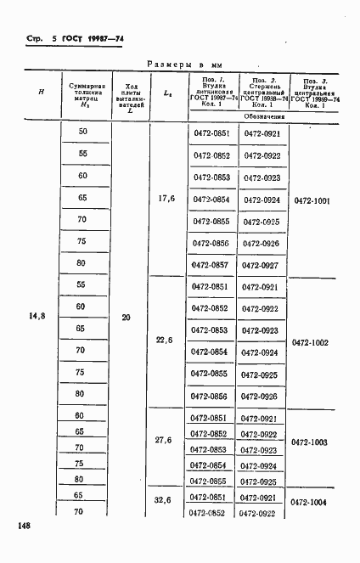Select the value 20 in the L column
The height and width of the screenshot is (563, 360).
[126, 318]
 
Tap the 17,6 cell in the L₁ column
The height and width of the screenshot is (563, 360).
[166, 199]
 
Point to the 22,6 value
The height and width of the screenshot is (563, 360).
[165, 341]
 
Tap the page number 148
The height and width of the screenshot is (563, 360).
[23, 526]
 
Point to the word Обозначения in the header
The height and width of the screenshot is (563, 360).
[262, 115]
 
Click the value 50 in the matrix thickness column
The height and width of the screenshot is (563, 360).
[82, 131]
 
